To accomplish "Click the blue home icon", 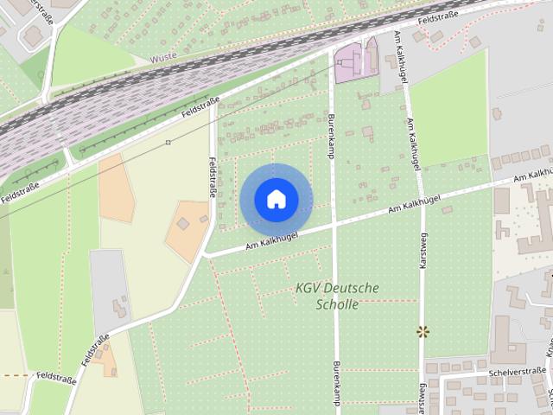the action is click(x=276, y=199).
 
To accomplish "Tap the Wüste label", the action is click(x=162, y=59).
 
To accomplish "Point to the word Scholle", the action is click(x=337, y=304).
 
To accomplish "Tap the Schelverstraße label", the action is click(x=515, y=373).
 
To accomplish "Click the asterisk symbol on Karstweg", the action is click(x=423, y=331).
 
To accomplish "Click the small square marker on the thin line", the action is click(x=168, y=142).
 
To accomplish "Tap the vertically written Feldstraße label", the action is click(x=212, y=176).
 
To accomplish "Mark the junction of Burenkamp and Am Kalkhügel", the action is click(x=334, y=227).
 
